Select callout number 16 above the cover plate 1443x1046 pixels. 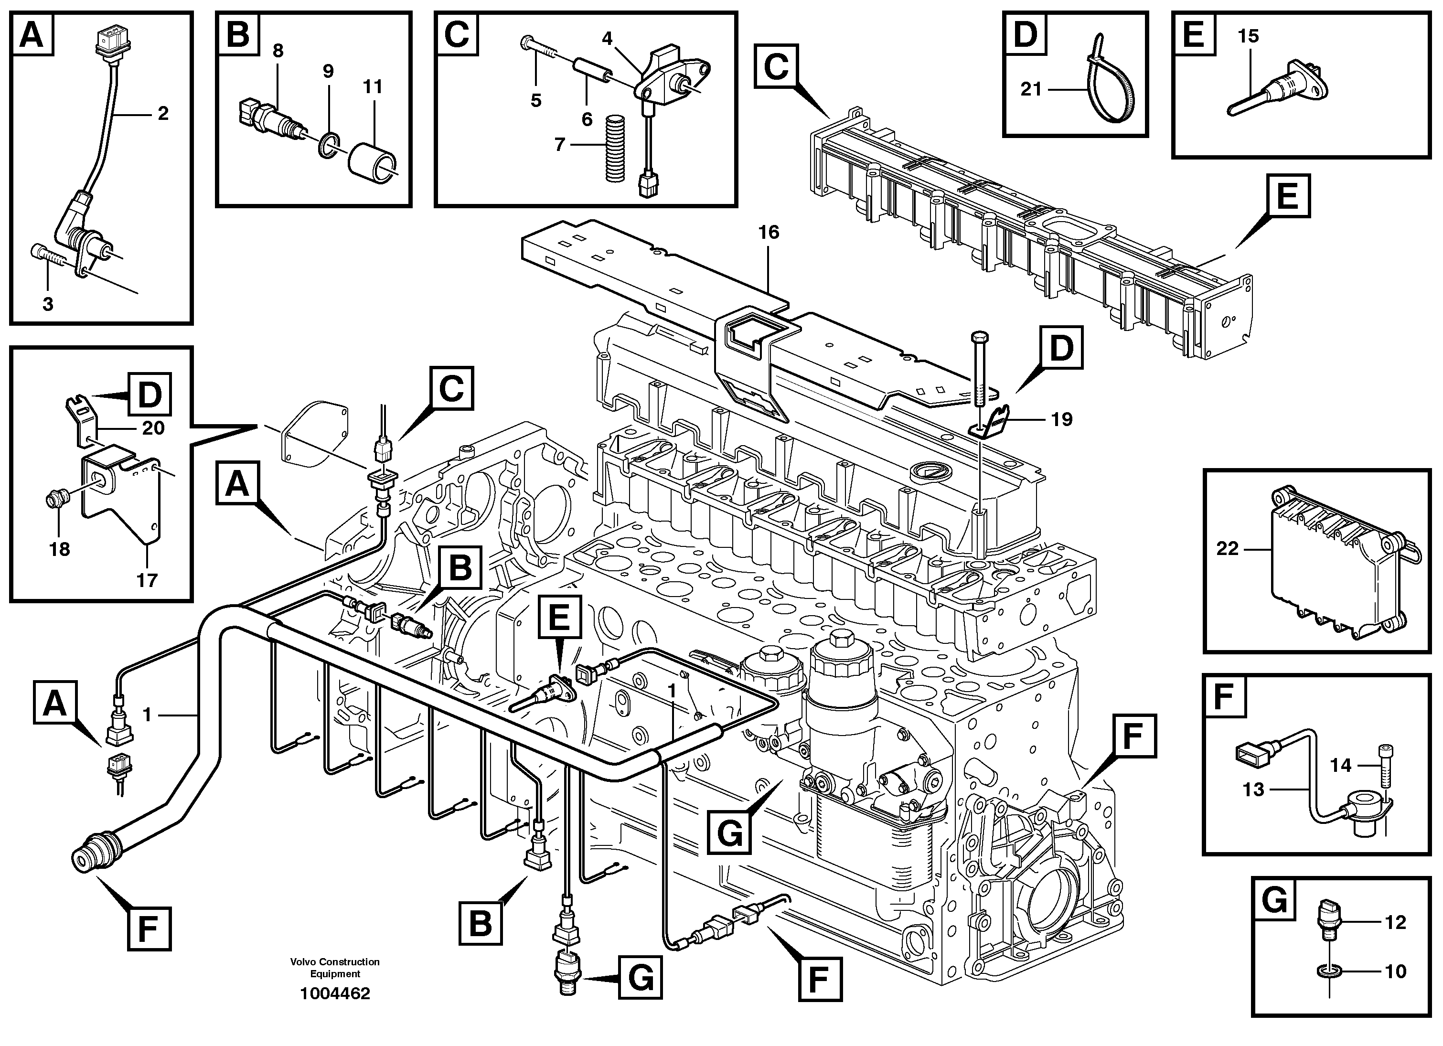(x=769, y=233)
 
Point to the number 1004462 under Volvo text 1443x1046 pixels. (x=335, y=994)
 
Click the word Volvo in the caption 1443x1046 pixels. (x=303, y=962)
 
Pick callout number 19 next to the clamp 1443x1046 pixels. (x=1061, y=419)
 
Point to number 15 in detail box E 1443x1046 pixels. (x=1248, y=36)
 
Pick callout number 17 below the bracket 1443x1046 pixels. (x=147, y=580)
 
